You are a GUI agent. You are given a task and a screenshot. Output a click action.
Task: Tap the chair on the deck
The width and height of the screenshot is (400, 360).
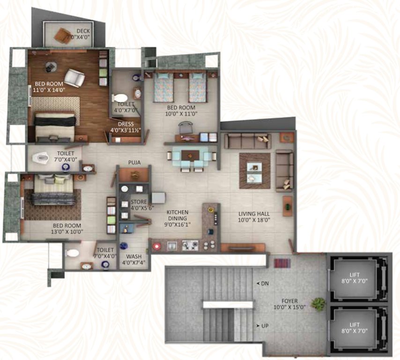(63, 35)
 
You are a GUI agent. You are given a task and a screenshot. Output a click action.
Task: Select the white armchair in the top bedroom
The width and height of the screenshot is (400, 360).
(75, 78)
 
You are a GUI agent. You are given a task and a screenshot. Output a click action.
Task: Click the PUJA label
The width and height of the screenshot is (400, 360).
(135, 163)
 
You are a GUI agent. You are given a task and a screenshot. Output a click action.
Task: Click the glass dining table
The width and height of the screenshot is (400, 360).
(191, 156)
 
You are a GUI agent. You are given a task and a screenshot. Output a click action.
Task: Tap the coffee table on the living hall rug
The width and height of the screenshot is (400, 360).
(254, 171)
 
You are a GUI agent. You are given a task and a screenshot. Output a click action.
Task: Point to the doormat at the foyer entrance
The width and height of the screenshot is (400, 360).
(282, 263)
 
